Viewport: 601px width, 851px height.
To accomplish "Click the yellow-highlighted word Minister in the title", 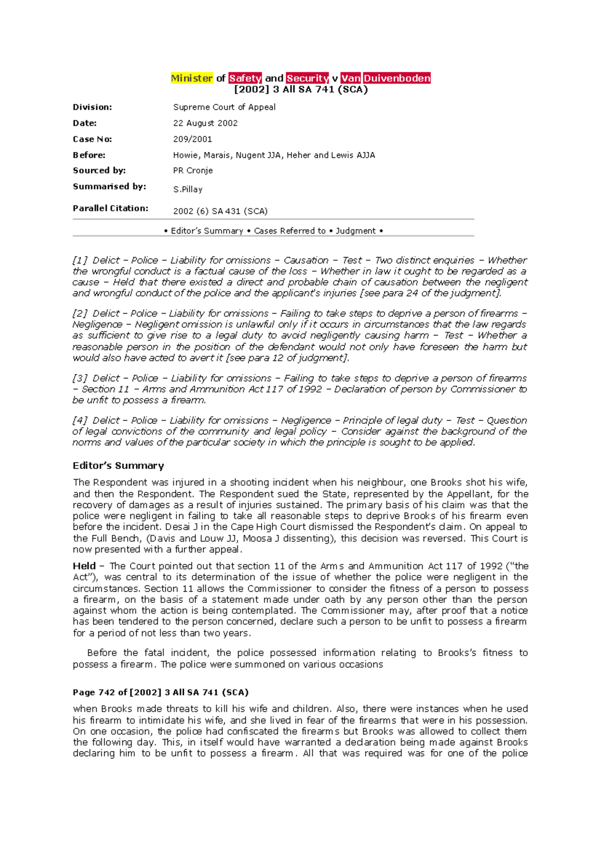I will point(192,78).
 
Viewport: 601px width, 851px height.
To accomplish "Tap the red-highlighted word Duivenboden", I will point(397,78).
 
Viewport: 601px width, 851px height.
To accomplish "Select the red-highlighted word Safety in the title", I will point(245,78).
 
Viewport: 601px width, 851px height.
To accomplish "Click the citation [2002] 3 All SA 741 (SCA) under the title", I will point(301,90).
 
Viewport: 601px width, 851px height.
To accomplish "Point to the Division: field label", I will point(92,107).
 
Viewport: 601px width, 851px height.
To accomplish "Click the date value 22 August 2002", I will point(205,123).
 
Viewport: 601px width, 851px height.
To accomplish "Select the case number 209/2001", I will point(192,139).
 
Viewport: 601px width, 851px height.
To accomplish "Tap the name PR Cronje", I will point(193,170).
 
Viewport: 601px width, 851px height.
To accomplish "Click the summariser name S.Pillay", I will point(188,189).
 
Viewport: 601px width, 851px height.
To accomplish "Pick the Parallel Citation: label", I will point(110,208).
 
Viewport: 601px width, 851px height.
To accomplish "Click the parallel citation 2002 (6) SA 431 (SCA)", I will point(220,211).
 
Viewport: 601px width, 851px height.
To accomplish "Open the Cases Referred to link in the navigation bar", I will point(289,231).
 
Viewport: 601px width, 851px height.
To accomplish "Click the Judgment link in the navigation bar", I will point(355,231).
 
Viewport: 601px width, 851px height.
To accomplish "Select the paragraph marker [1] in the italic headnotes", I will point(80,261).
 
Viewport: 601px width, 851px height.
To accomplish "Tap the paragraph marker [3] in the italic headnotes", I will point(80,378).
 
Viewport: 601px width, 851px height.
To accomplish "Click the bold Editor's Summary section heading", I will point(118,466).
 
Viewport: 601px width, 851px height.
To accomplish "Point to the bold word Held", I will point(84,566).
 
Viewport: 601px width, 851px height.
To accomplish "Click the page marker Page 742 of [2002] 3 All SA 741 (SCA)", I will point(161,693).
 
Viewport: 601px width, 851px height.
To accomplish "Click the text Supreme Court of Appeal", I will point(224,107).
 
